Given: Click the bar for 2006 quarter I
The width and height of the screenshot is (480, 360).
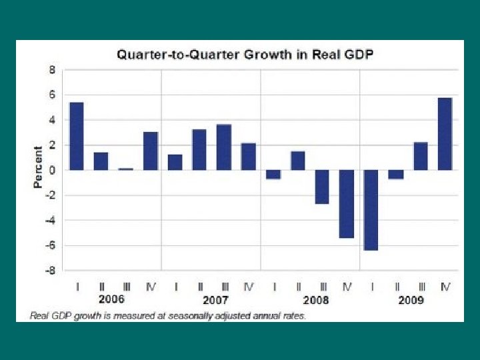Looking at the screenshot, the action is (x=77, y=136).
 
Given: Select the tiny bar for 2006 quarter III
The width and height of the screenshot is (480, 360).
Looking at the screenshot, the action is (x=126, y=169).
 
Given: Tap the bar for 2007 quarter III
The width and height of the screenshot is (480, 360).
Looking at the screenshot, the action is (x=224, y=147).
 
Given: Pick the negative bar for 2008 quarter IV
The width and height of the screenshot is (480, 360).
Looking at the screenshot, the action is (x=347, y=204).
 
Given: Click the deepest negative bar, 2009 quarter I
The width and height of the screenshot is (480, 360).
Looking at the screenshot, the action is (x=371, y=210).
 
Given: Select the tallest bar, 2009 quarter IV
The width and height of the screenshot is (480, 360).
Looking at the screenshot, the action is (x=445, y=134).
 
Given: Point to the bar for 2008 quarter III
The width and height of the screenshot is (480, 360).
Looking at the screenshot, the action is (x=322, y=187).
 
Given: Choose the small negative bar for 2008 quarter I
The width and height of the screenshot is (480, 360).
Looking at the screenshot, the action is (x=273, y=175).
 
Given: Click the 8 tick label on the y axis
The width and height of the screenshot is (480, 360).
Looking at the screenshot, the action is (x=52, y=70).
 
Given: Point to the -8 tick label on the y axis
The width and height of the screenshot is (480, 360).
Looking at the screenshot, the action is (x=51, y=271).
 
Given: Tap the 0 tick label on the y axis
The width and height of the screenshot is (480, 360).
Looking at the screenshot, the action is (x=52, y=171).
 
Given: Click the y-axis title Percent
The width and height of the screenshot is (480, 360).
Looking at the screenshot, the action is (x=37, y=167).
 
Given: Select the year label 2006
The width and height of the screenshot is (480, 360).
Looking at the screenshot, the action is (x=111, y=299).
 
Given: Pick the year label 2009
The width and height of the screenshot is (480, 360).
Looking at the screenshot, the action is (x=411, y=300).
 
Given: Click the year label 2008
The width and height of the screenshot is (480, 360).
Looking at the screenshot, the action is (x=316, y=300).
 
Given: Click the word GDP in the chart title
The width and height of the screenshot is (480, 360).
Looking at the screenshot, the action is (x=359, y=55).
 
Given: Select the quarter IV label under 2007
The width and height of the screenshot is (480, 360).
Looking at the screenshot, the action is (x=249, y=287).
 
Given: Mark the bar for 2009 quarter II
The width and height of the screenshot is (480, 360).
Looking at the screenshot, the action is (x=396, y=175).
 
